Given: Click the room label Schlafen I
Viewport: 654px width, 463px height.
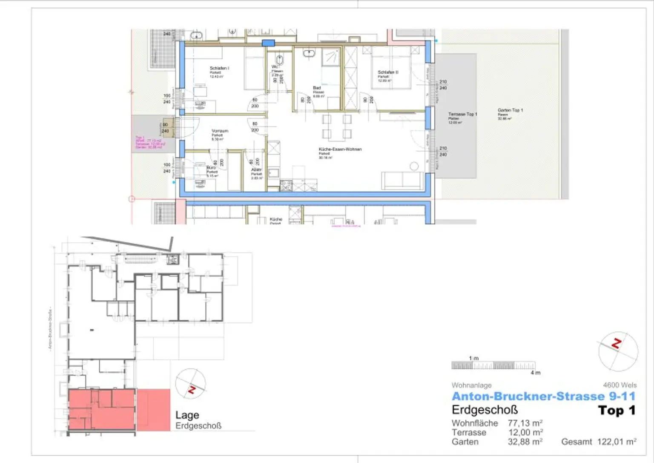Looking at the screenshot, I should point(219,68).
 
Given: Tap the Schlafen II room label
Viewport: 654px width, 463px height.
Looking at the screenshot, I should point(388,72).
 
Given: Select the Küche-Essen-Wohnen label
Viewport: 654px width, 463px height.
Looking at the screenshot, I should point(340,150).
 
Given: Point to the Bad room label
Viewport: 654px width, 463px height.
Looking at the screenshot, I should point(317,88).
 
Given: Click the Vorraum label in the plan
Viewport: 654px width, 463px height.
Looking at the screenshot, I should point(220,131).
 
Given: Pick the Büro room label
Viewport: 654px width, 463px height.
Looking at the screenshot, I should point(211,168).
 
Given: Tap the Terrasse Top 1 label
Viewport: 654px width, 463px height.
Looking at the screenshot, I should point(462,114).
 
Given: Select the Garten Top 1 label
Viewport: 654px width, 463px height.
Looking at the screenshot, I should point(510,110).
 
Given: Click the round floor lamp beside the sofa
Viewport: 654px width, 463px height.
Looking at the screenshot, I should point(414,166).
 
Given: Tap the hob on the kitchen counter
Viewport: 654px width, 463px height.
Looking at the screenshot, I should point(286,186).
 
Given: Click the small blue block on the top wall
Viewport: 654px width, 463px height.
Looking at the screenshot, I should point(268,43).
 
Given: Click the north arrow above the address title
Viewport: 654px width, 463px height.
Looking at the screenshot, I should point(618,351).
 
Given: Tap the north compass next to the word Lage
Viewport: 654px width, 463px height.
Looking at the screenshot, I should point(191,384).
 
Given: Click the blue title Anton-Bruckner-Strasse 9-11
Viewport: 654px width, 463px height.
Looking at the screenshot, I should point(543,397).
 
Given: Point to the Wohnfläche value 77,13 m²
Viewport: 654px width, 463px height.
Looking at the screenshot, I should point(525,423).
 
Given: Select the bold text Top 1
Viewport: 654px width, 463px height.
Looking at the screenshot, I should point(617,411).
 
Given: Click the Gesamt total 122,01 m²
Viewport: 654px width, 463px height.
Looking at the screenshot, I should point(617,442).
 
